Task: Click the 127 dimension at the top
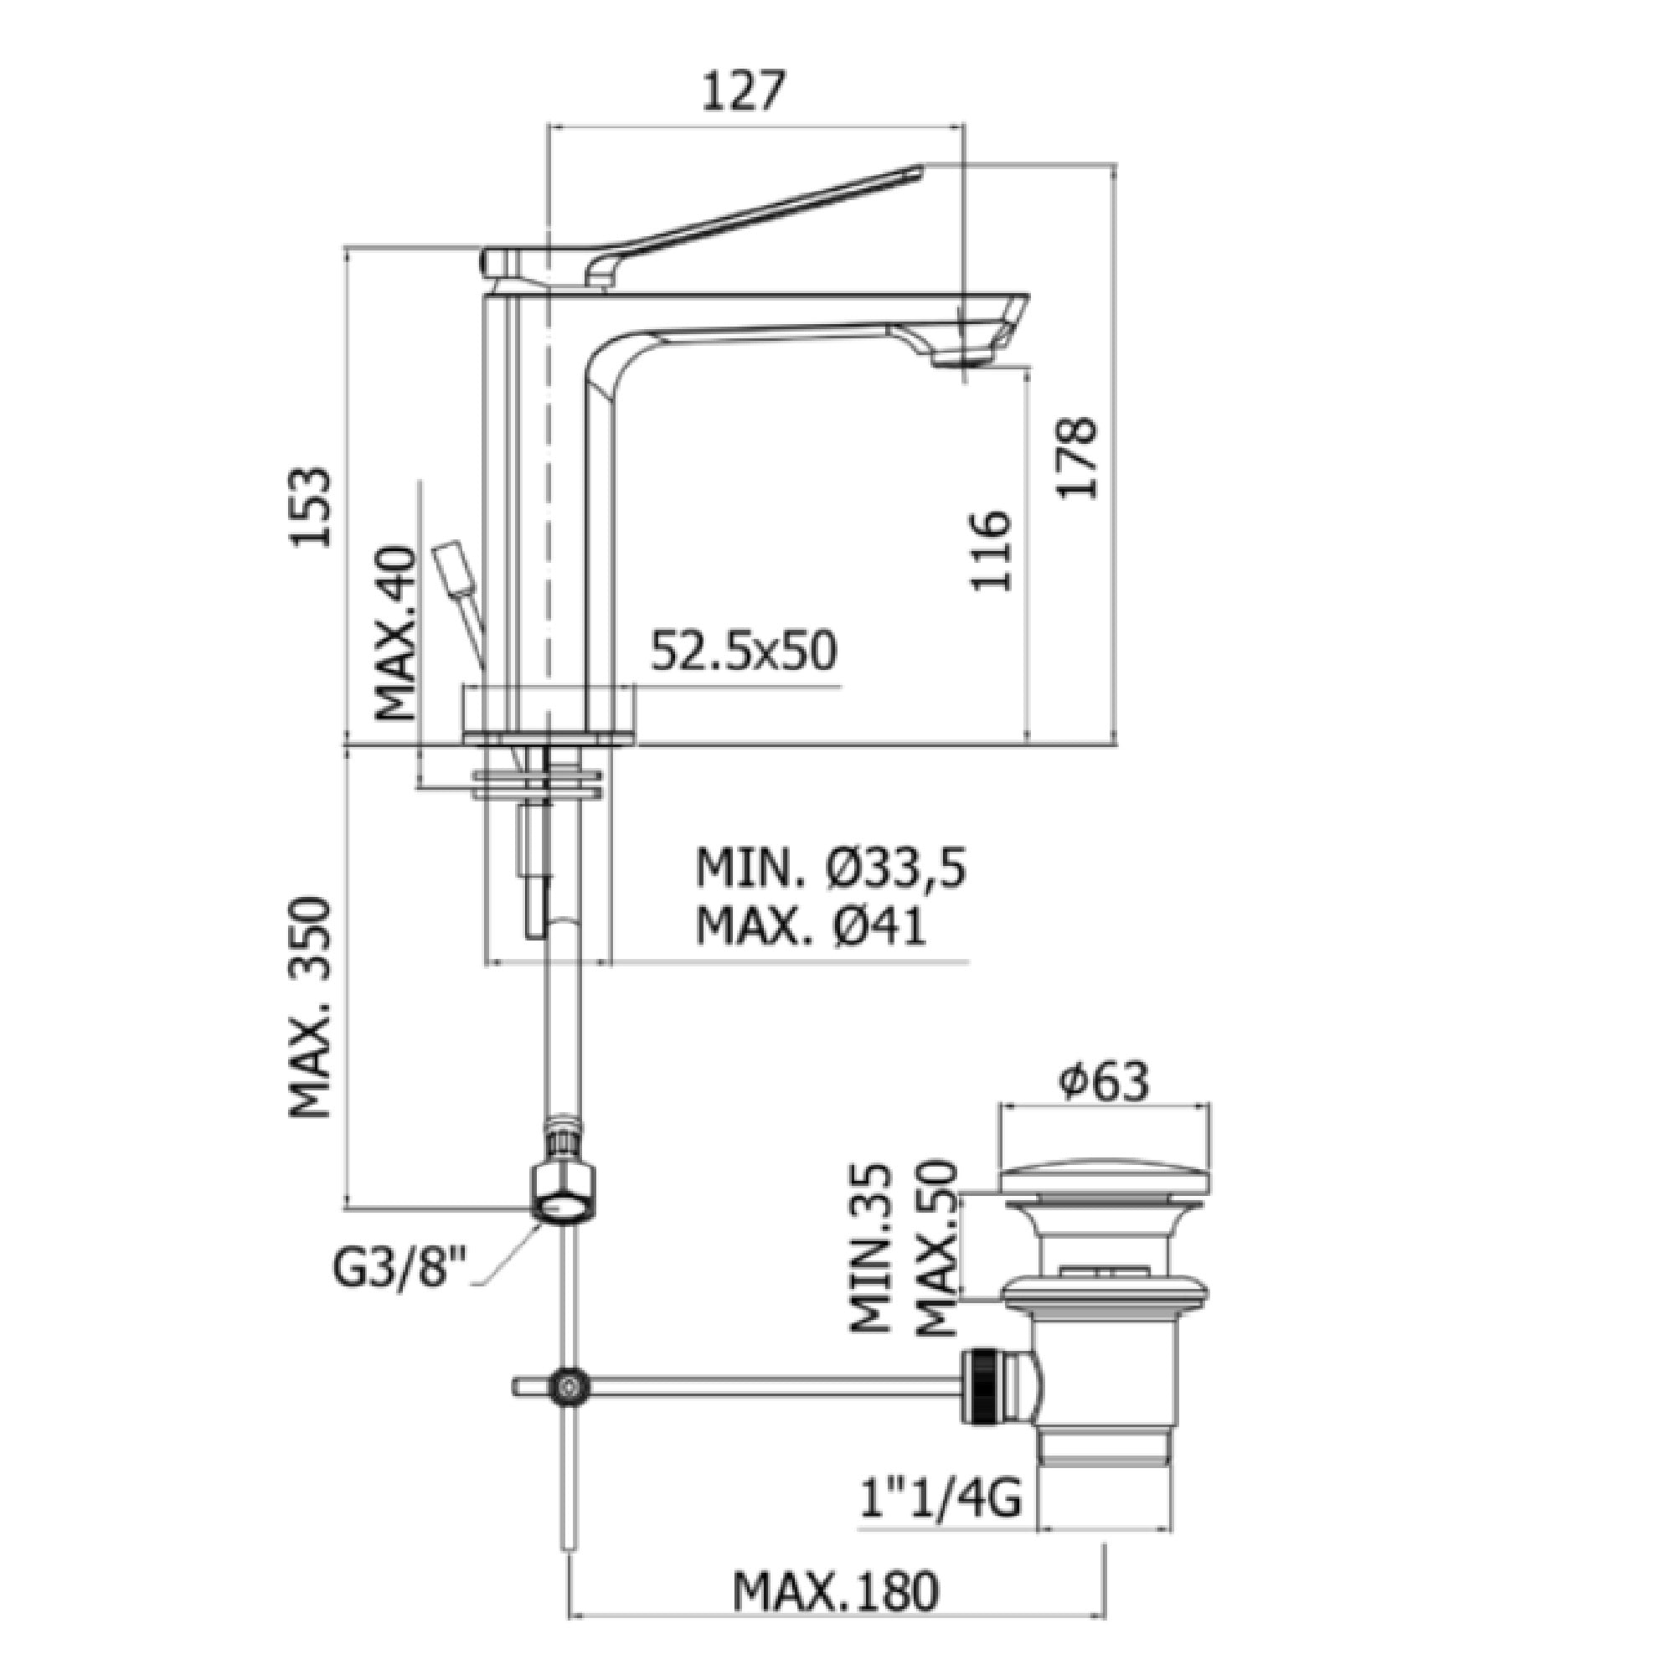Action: coord(742,91)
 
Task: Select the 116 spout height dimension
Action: coord(992,551)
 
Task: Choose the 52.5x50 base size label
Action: coord(744,652)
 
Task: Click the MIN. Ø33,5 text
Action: coord(831,868)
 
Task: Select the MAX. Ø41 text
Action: coord(812,927)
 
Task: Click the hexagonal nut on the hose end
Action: coord(565,1196)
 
